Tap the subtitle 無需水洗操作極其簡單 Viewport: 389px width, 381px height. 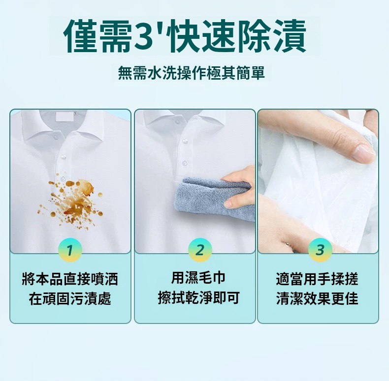(x=192, y=73)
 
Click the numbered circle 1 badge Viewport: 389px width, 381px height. (x=70, y=250)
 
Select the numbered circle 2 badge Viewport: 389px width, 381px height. (x=200, y=250)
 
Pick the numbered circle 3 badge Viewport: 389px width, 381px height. (x=320, y=250)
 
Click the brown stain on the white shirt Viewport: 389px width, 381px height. (x=72, y=201)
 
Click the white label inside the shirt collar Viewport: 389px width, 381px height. (x=65, y=117)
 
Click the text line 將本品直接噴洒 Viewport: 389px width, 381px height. (x=70, y=279)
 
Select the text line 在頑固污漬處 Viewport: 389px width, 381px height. (x=70, y=298)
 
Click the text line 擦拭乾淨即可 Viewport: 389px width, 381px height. (x=199, y=297)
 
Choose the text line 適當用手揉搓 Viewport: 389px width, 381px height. (x=317, y=279)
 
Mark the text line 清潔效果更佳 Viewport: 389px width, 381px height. (x=317, y=298)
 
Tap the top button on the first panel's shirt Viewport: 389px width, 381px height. (x=56, y=137)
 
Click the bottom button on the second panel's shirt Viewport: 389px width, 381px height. (x=185, y=163)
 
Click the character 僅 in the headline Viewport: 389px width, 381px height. (x=81, y=36)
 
